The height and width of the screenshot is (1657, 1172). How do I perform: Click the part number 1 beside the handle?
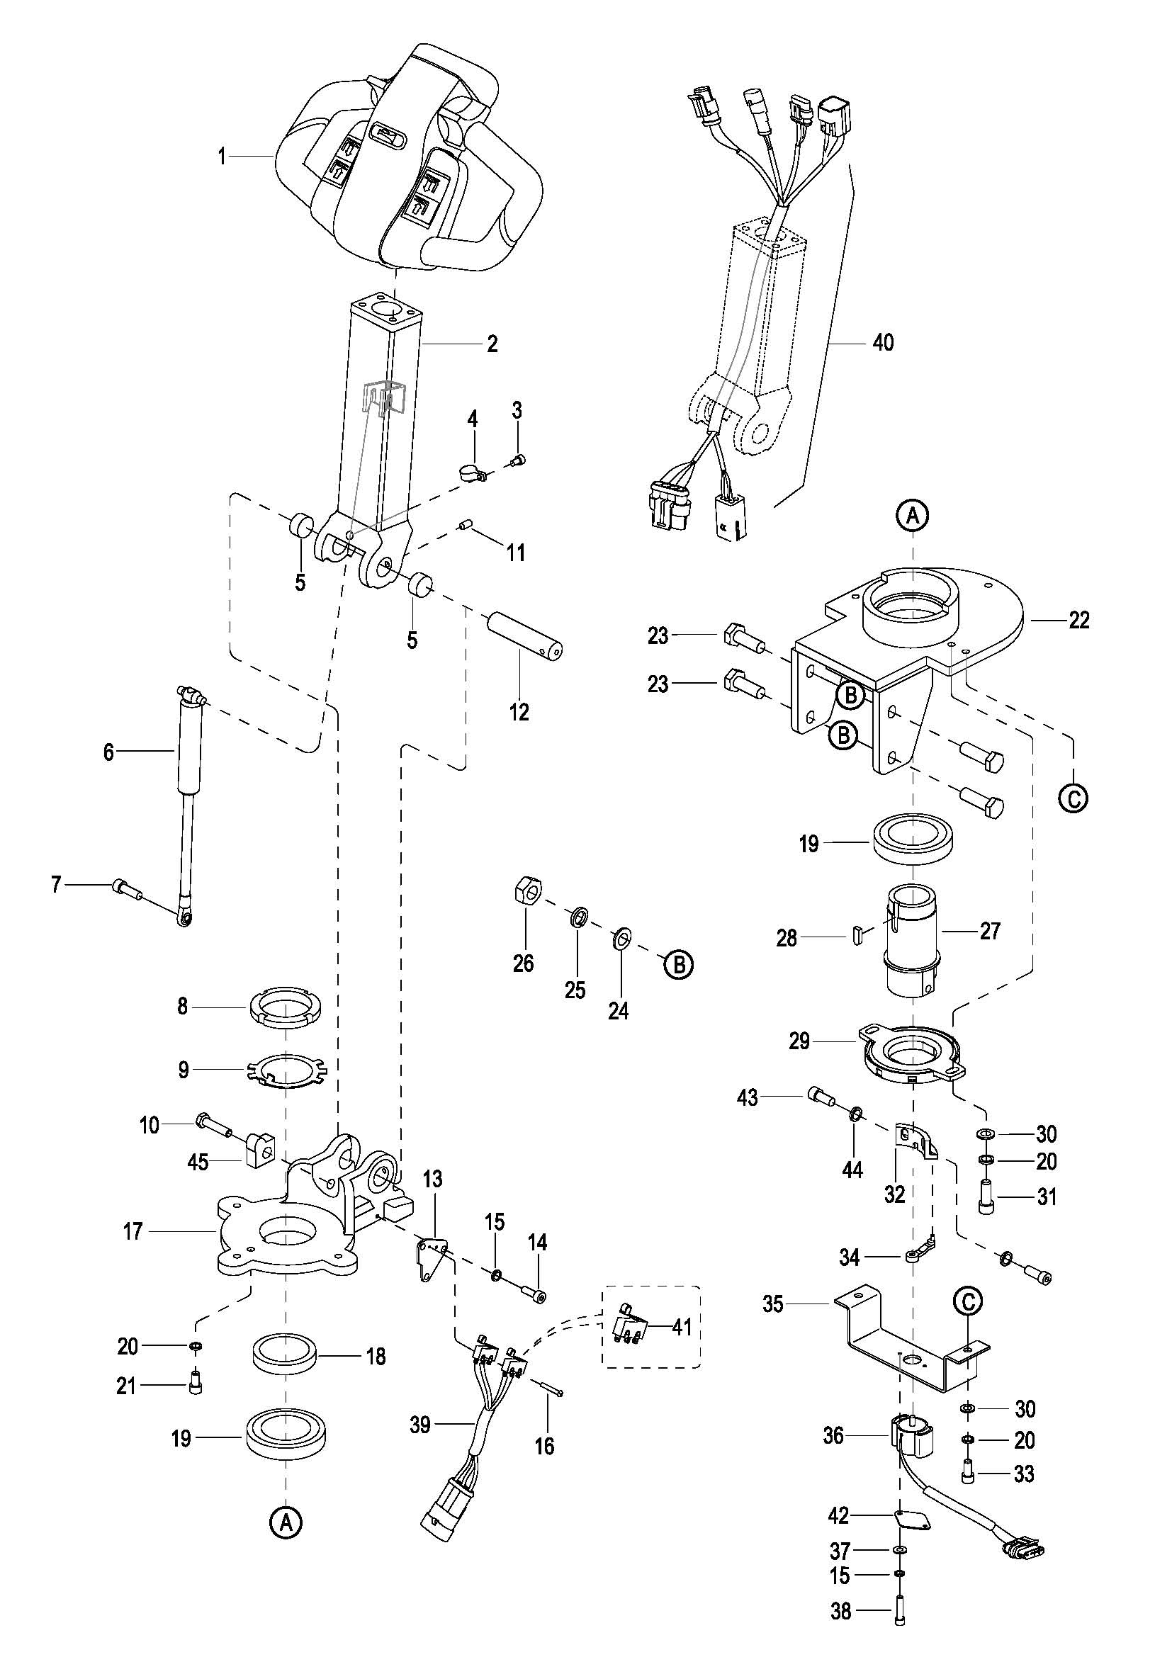222,156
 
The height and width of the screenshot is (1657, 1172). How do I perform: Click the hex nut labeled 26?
529,893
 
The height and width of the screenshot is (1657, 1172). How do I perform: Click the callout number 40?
883,342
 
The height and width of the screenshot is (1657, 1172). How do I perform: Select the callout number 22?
1078,620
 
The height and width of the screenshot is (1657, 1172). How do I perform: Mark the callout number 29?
799,1041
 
